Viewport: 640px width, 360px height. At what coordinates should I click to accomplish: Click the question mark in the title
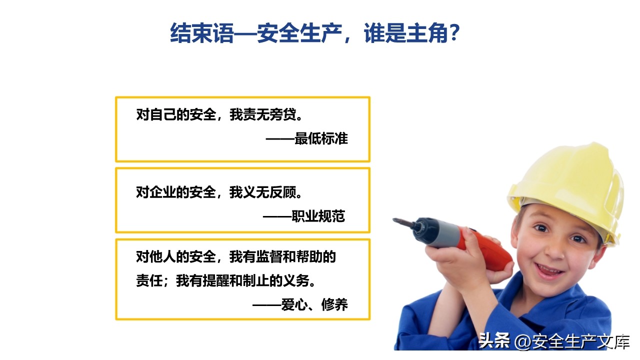[x=454, y=32]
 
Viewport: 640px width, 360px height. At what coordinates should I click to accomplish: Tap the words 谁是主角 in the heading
[x=406, y=33]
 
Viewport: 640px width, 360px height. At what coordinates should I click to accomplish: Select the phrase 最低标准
[x=321, y=138]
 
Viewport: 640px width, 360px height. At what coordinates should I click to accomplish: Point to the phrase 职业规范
[x=318, y=216]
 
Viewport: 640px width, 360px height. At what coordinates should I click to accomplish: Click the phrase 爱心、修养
[x=314, y=304]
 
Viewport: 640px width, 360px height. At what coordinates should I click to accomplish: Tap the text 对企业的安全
[x=175, y=192]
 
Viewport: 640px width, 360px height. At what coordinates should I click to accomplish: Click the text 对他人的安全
[x=175, y=256]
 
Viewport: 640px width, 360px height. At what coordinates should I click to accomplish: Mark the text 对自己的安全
[x=175, y=114]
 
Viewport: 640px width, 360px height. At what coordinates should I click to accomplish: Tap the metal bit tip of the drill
[x=397, y=220]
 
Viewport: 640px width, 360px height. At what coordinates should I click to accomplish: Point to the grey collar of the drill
[x=451, y=234]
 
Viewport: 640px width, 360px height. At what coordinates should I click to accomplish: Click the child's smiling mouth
[x=549, y=270]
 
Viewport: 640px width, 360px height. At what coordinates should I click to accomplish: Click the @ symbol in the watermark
[x=523, y=341]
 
